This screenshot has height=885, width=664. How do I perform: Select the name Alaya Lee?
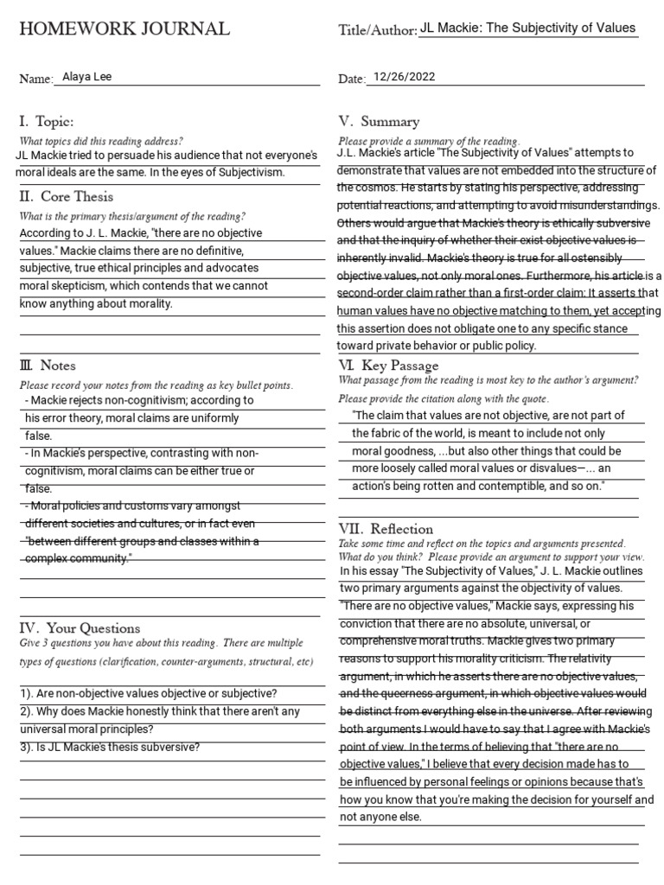coord(86,77)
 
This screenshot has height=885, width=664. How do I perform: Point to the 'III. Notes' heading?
coord(48,366)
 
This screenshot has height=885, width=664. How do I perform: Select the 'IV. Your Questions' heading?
coord(80,627)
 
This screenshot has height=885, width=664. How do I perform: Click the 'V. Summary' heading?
coord(379,121)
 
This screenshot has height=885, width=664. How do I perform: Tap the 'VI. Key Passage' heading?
coord(388,366)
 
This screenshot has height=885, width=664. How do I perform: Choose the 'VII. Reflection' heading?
coord(386,528)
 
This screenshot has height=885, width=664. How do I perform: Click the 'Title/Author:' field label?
coord(377,31)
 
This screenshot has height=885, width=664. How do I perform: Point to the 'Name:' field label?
coord(36,80)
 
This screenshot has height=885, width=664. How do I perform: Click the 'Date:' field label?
coord(352,80)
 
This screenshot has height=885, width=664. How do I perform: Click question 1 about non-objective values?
coord(147,693)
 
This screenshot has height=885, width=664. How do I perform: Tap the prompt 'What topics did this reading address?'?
coord(100,141)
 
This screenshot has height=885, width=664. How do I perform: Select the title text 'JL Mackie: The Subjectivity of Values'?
coord(527,28)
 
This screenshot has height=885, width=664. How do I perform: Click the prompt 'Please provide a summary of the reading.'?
coord(429,141)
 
